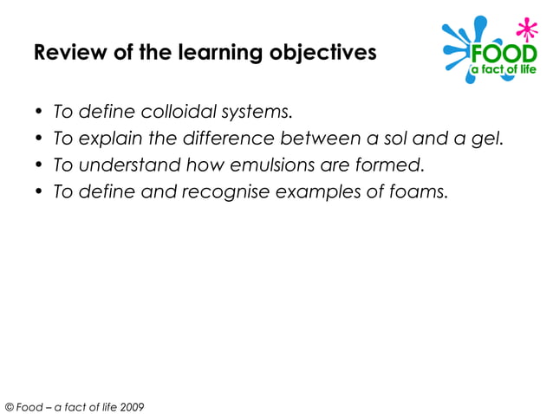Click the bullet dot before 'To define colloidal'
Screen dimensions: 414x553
coord(40,113)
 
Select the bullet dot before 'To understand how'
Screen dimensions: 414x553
coord(40,165)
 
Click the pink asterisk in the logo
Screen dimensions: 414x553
coord(522,29)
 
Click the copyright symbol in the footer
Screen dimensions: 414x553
coord(10,406)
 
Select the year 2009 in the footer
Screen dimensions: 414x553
coord(132,406)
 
